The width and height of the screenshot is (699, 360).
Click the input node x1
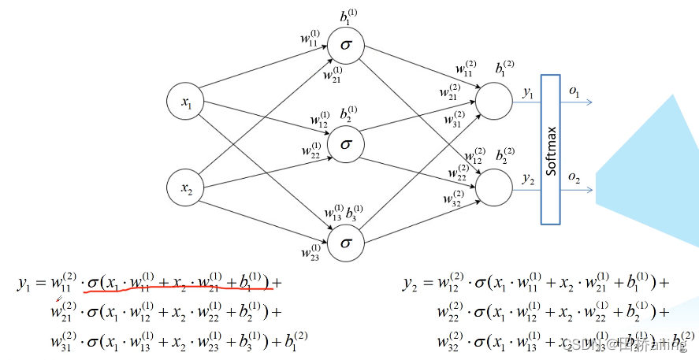[x=186, y=102]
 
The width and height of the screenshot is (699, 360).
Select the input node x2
[x=186, y=187]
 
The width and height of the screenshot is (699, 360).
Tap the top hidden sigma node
[x=345, y=45]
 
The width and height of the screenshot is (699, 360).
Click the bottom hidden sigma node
[x=345, y=243]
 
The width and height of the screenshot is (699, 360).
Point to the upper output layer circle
[x=493, y=102]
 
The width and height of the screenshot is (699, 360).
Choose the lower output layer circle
[x=493, y=187]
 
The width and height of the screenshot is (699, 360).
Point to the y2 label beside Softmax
[x=528, y=180]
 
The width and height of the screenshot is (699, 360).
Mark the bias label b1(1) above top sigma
[x=347, y=15]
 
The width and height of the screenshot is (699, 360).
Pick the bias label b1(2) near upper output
[x=505, y=69]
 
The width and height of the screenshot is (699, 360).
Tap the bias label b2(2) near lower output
[x=505, y=154]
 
